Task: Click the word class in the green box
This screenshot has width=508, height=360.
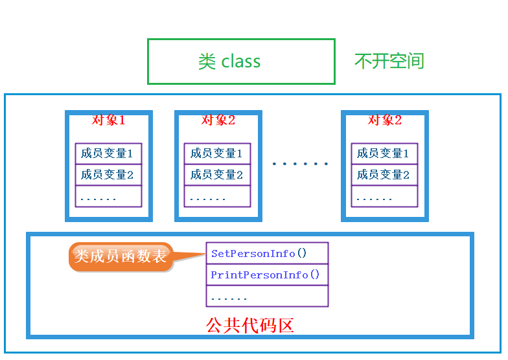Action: (x=241, y=62)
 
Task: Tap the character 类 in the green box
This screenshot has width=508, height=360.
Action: (x=207, y=62)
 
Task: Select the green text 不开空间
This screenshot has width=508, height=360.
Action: (x=389, y=62)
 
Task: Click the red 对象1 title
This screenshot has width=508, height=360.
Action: (x=108, y=120)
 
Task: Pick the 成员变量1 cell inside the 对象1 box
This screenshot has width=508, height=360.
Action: (x=108, y=153)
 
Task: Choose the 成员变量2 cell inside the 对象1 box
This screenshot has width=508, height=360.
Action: (x=108, y=175)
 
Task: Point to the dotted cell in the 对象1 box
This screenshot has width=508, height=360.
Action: (x=108, y=196)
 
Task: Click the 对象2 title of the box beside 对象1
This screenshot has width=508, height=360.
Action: (x=218, y=120)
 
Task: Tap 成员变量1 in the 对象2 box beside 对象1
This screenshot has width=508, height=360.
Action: (x=216, y=153)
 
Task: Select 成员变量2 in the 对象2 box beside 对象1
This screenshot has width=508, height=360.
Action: (x=216, y=175)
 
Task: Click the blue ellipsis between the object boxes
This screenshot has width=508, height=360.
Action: (x=300, y=164)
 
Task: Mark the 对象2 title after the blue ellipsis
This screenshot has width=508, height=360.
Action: (x=385, y=120)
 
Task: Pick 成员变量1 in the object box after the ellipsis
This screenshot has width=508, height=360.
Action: (x=384, y=153)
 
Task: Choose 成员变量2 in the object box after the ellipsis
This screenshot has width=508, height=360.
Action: (x=384, y=175)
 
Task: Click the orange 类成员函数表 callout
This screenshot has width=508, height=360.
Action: (x=121, y=256)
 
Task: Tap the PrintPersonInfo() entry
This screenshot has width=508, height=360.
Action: (x=266, y=275)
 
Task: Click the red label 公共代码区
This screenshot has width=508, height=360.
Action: (x=250, y=325)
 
